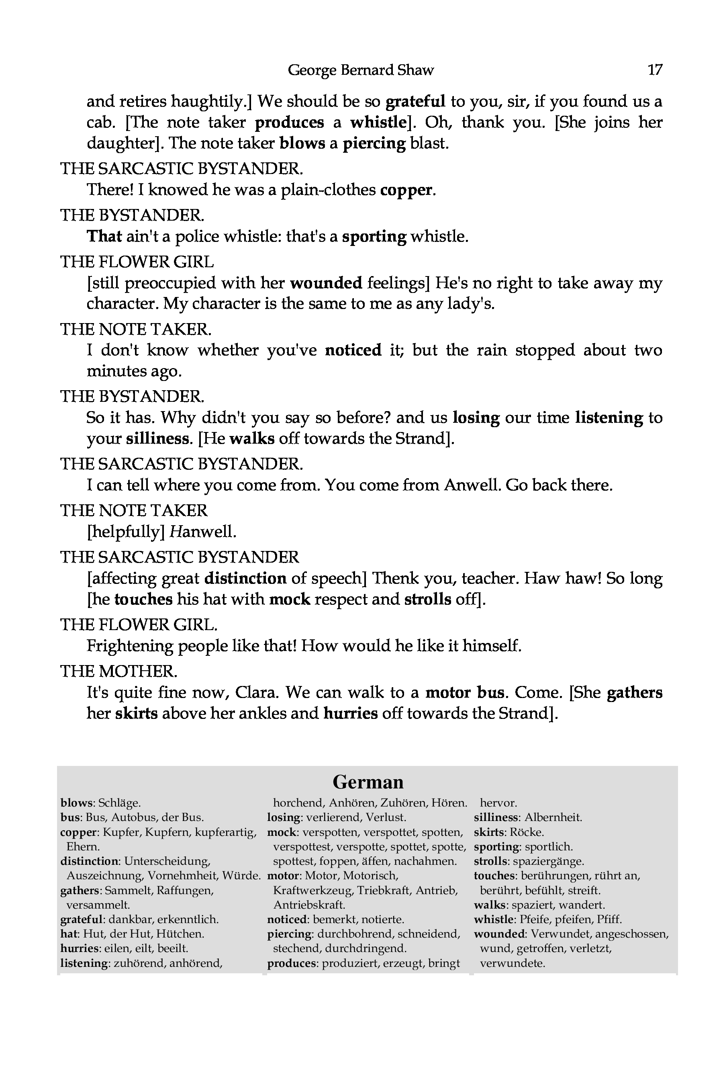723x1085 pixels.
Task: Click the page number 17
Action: click(x=655, y=70)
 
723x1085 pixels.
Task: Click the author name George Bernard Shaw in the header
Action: click(x=361, y=70)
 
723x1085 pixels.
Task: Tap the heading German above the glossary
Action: click(x=368, y=782)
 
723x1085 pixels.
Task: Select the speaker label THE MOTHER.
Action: click(x=118, y=671)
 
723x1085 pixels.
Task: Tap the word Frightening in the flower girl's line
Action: click(x=130, y=646)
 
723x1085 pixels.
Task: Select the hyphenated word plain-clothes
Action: click(x=329, y=190)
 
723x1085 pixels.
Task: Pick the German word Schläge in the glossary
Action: click(x=119, y=803)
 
